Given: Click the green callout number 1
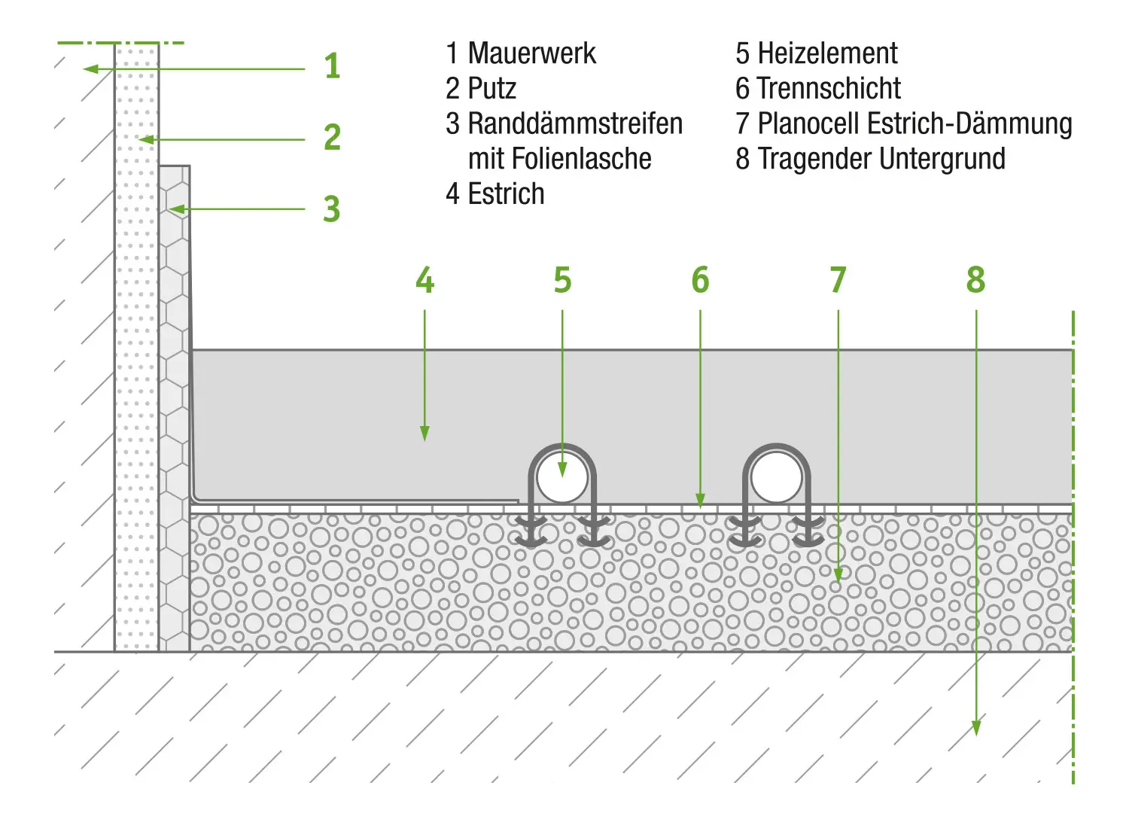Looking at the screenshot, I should coord(332,66).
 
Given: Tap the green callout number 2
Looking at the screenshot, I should coord(332,137).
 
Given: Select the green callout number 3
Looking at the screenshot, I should coord(332,209).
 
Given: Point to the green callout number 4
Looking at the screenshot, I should coord(425,280).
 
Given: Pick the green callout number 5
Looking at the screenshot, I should coord(562,280).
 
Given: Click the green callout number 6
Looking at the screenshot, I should coord(700,280).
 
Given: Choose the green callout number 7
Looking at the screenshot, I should coord(838,280).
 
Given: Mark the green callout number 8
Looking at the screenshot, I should coord(975,280).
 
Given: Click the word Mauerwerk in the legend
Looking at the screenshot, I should coord(531,53).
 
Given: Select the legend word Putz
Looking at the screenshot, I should coord(492,89).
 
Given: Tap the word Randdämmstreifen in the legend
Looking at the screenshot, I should coord(575,123).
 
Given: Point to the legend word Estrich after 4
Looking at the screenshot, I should coord(506,194).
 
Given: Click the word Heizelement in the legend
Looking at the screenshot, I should coord(827,53).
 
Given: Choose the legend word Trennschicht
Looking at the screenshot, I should coord(829,89).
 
